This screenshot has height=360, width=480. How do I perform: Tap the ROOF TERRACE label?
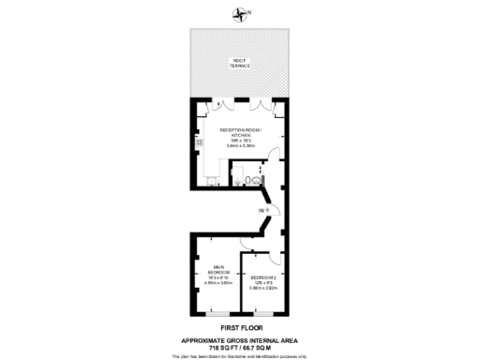coord(239,65)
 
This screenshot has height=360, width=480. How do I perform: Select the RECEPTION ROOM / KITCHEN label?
coord(239,133)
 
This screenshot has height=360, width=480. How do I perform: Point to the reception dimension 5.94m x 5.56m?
coord(240,146)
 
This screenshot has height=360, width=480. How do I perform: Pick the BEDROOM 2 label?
coord(262,277)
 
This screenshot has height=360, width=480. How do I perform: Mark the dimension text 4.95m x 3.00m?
coord(221,282)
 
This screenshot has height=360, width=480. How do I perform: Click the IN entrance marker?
coord(263,210)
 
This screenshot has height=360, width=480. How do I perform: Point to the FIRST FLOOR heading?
coord(240,327)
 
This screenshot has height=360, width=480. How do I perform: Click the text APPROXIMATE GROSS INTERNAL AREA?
coord(240,338)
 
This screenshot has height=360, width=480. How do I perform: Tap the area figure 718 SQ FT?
coord(220,346)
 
